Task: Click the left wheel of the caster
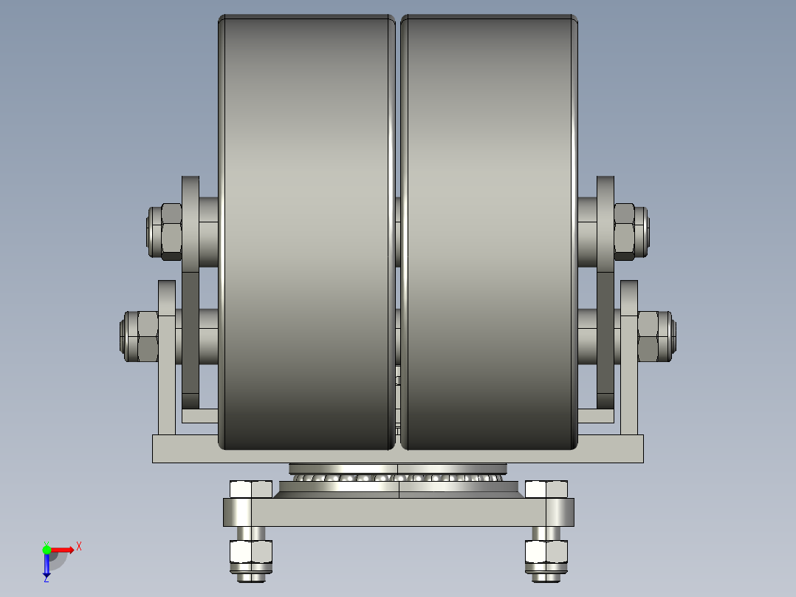tap(306, 232)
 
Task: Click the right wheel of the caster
tap(490, 232)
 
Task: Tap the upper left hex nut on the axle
tap(171, 232)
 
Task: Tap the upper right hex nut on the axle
tap(625, 232)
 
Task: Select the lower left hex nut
tap(148, 336)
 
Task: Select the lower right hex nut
tap(648, 336)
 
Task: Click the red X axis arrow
tap(64, 550)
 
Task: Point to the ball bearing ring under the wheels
tap(399, 478)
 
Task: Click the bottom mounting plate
tap(399, 512)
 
